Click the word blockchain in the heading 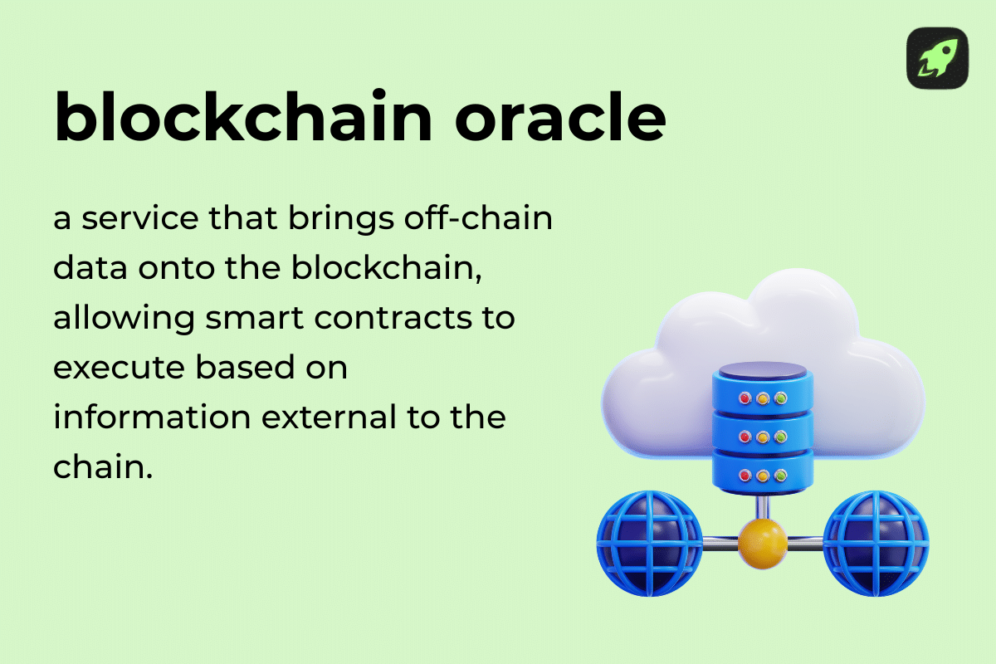click(243, 118)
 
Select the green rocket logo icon click(937, 58)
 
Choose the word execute click(116, 369)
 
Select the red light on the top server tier click(745, 398)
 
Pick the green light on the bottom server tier click(780, 476)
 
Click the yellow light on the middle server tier click(762, 437)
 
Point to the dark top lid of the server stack click(759, 371)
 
